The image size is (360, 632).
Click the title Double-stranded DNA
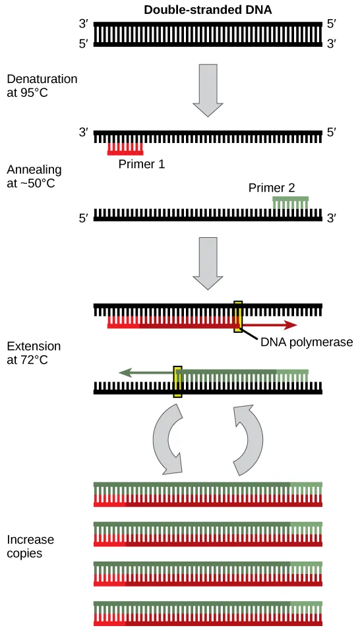[x=208, y=10]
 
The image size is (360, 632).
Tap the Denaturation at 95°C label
[x=42, y=86]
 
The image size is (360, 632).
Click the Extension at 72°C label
[x=34, y=353]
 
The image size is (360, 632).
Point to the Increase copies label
[x=30, y=546]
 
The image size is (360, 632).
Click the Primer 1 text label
[x=141, y=163]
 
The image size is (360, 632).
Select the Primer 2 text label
[x=271, y=188]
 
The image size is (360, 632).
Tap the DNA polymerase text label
[x=307, y=342]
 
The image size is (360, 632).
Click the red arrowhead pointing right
[x=289, y=325]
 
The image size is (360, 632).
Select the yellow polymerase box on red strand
[x=238, y=317]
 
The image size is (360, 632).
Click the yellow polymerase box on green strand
[x=177, y=382]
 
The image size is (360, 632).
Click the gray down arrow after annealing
[x=208, y=263]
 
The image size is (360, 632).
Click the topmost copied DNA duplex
[x=208, y=494]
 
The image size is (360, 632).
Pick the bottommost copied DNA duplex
[x=208, y=613]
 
